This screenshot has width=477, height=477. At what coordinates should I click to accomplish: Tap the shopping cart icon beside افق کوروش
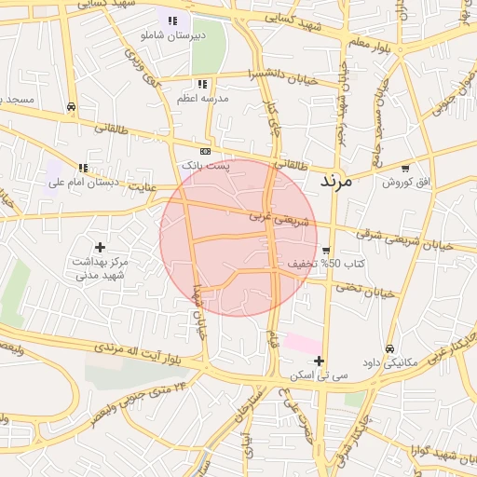tap(404, 169)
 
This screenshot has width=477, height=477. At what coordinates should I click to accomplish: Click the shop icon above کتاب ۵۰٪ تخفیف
tap(326, 251)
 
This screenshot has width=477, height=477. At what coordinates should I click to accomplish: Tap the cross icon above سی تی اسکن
tap(319, 361)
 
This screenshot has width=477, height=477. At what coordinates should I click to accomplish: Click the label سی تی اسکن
tap(319, 375)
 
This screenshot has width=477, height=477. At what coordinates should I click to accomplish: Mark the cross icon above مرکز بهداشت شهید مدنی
tap(101, 247)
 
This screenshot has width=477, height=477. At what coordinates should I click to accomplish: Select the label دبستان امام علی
tap(84, 183)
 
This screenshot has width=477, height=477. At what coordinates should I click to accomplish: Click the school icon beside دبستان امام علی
tap(83, 169)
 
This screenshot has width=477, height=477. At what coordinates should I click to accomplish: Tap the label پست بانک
tap(204, 165)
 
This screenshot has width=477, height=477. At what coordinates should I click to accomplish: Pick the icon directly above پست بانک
tap(205, 151)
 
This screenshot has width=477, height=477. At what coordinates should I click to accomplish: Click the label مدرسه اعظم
tap(203, 97)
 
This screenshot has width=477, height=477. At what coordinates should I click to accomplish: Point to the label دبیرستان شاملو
tap(170, 34)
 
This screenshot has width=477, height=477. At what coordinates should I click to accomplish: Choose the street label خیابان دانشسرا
tap(283, 77)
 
